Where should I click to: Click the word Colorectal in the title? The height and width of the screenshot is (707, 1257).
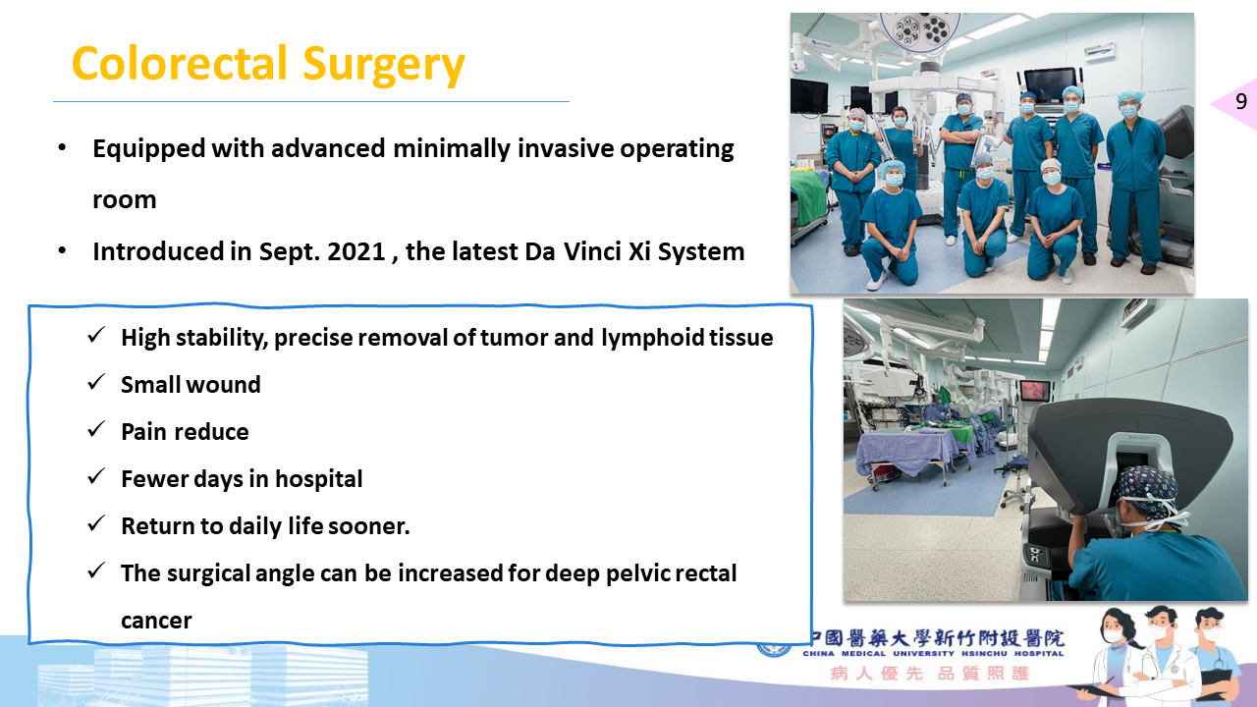click(180, 64)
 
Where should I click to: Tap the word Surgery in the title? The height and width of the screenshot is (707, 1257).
click(384, 66)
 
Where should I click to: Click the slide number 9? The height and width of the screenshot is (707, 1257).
click(1241, 101)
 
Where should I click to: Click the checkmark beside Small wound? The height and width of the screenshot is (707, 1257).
click(96, 382)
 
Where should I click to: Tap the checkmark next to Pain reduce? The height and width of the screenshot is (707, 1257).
click(96, 429)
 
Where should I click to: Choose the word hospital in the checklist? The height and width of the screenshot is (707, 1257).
click(319, 480)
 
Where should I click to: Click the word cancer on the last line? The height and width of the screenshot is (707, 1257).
click(156, 622)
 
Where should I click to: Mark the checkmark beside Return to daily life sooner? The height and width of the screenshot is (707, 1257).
click(96, 523)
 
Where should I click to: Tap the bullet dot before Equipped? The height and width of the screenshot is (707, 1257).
click(62, 148)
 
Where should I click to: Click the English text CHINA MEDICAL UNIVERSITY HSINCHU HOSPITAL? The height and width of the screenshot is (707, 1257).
click(933, 654)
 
